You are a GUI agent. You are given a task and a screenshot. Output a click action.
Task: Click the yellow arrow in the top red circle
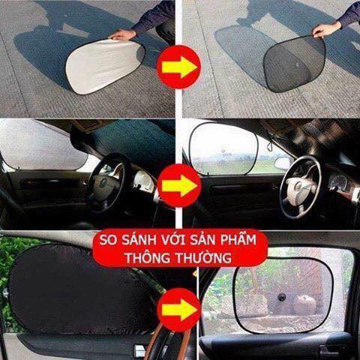[179, 67]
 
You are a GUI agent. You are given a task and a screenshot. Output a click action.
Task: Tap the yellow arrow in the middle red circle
[179, 185]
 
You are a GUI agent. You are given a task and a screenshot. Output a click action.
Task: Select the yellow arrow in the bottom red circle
[179, 310]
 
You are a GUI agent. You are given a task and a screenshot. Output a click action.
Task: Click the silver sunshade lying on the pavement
[105, 65]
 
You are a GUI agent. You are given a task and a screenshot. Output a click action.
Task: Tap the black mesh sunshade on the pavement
[295, 63]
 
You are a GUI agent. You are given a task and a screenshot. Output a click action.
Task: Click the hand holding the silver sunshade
[123, 34]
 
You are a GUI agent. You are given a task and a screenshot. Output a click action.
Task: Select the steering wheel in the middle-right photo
[301, 187]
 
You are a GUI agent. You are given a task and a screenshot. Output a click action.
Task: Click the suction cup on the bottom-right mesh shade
[282, 297]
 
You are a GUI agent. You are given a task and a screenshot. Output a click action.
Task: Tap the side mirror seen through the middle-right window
[283, 163]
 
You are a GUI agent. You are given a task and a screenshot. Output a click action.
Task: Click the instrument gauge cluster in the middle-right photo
[339, 184]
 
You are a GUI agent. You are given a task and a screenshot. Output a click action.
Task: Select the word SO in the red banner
[108, 239]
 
